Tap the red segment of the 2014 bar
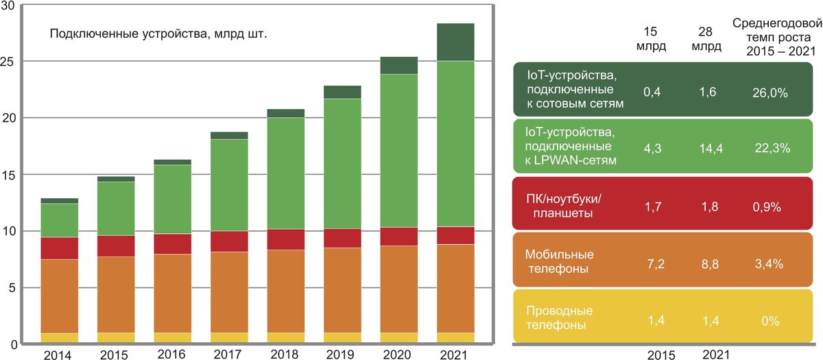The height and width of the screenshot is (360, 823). coord(60,248)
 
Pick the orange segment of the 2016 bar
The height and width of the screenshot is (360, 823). coord(173,293)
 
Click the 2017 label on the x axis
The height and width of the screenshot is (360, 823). coord(230,354)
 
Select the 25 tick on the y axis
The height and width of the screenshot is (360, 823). coord(9,61)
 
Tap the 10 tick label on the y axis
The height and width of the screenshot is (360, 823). coord(9,230)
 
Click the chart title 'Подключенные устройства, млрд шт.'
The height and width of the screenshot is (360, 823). coord(158,33)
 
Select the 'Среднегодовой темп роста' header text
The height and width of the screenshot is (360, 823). coord(773,29)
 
